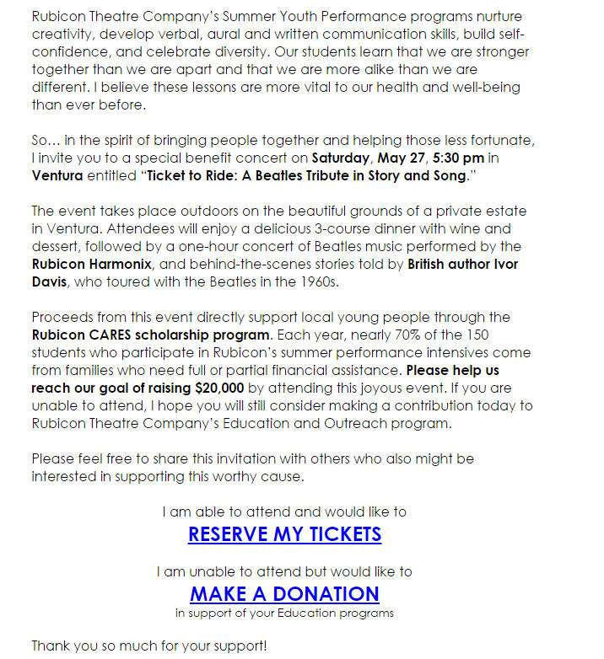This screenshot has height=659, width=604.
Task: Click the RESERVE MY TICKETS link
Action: click(284, 534)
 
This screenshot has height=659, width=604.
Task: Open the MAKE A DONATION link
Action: click(284, 593)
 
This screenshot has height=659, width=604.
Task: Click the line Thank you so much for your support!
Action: click(149, 646)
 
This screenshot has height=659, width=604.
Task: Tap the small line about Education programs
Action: click(284, 613)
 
